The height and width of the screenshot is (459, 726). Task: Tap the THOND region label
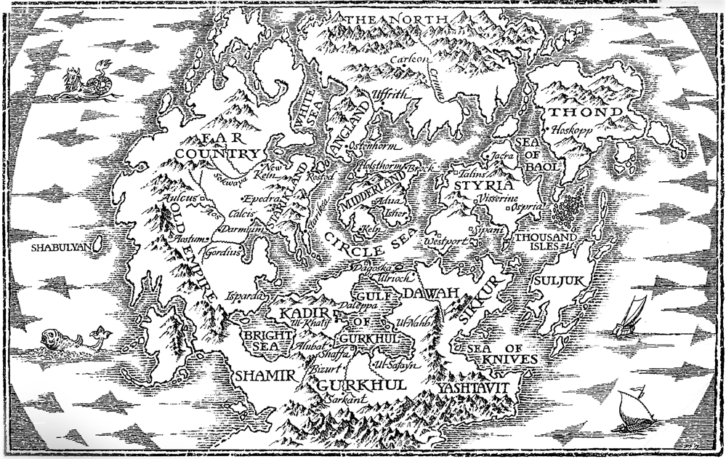585,113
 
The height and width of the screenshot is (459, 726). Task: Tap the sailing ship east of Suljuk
629,318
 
